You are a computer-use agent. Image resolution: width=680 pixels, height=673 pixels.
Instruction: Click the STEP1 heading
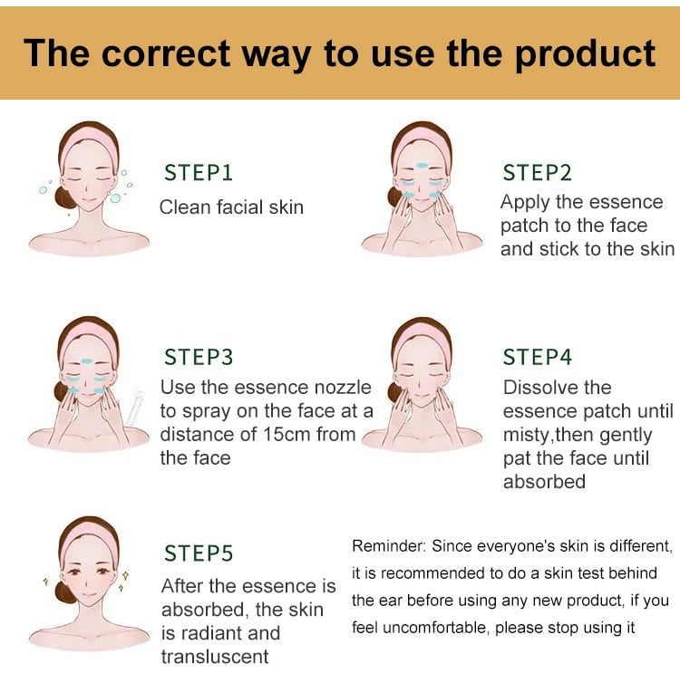click(x=199, y=172)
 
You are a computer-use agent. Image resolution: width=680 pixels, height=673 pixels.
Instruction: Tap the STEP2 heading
click(x=537, y=172)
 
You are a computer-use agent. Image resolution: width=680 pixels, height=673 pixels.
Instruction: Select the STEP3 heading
click(x=199, y=357)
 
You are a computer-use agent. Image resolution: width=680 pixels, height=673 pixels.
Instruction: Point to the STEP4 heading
click(x=537, y=357)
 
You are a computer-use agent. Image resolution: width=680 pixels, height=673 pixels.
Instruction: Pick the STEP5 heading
click(x=199, y=553)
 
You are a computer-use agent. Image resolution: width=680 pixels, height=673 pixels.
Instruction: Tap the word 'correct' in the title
click(x=166, y=53)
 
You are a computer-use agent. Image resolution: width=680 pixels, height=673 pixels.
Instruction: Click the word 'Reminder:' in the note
click(x=389, y=546)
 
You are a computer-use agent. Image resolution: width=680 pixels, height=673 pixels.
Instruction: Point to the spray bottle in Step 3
click(x=135, y=407)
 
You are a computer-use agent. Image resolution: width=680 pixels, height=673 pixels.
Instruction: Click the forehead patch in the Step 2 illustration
click(x=422, y=165)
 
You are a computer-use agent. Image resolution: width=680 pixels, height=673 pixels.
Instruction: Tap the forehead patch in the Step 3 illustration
click(x=87, y=361)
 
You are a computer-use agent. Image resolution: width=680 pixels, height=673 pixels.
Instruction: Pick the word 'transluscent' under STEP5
click(x=215, y=657)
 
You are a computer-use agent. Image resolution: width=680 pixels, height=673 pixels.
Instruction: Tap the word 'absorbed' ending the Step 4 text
click(x=544, y=482)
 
